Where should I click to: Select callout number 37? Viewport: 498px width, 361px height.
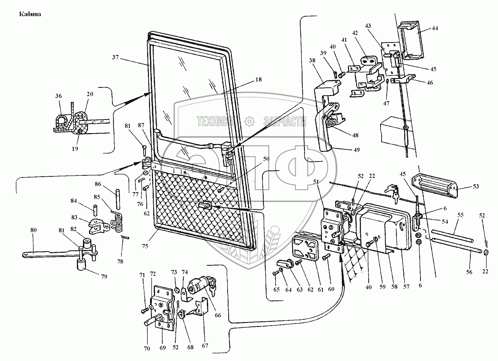click(115, 57)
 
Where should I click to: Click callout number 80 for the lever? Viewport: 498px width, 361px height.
click(33, 230)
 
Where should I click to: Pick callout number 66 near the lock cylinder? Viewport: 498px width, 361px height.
click(218, 315)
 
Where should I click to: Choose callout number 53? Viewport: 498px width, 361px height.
click(476, 186)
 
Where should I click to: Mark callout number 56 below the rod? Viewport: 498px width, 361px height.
click(469, 272)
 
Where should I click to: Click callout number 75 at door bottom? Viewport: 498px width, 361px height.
click(145, 246)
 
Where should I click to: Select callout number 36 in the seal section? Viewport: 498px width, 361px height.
click(58, 96)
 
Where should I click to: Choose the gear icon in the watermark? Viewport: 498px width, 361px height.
click(249, 121)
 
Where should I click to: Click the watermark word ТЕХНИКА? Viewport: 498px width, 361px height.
click(216, 121)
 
